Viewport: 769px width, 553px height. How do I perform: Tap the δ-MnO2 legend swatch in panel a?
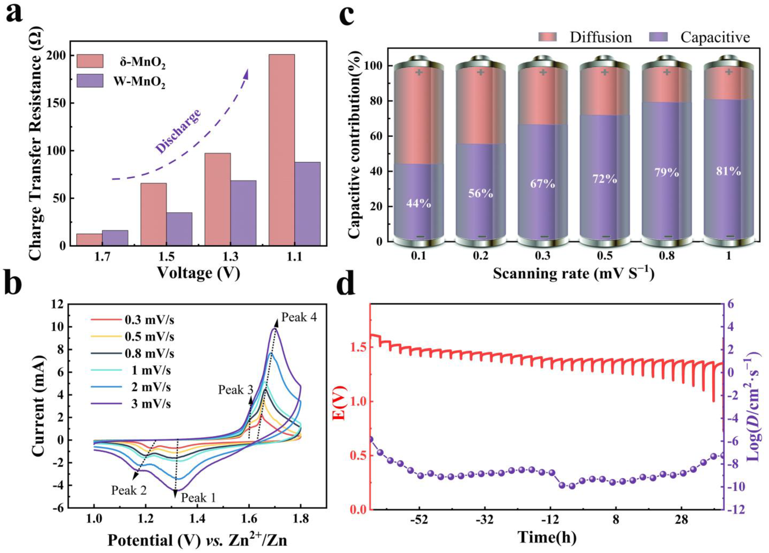[x=90, y=61]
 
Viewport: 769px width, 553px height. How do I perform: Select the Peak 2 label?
[x=129, y=490]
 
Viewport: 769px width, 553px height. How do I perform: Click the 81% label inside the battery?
[x=728, y=171]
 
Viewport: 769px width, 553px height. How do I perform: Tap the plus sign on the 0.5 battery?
[x=605, y=72]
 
